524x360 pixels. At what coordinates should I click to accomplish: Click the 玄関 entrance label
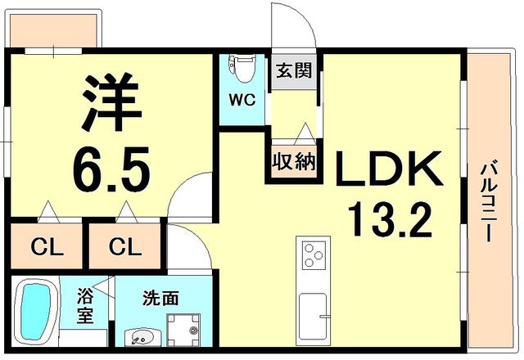(x=293, y=70)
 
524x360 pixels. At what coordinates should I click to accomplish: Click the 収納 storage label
(x=294, y=161)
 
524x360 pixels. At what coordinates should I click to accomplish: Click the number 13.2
(x=387, y=219)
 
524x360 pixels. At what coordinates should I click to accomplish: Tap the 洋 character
(x=112, y=101)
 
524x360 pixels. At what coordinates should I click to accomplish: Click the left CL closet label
(x=48, y=245)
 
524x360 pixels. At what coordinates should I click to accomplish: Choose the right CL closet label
(x=126, y=245)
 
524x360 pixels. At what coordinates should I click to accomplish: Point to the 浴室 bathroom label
(x=85, y=305)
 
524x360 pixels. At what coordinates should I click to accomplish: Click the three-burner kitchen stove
(x=314, y=254)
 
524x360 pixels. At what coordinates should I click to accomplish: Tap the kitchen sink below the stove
(x=314, y=315)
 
